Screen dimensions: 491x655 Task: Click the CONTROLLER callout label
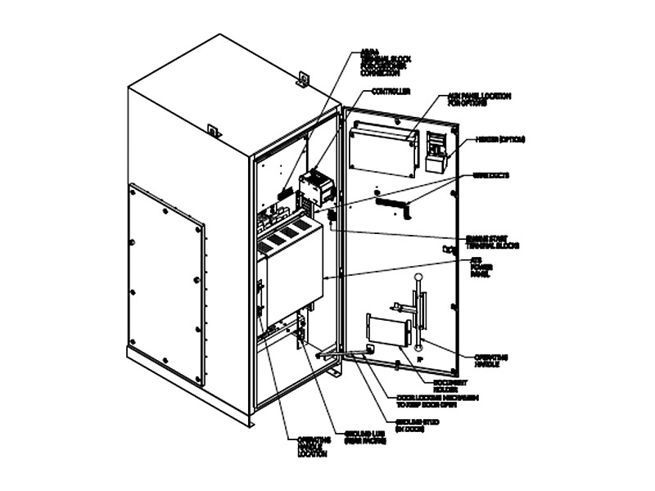(x=391, y=91)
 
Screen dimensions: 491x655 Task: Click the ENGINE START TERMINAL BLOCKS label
(x=493, y=241)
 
